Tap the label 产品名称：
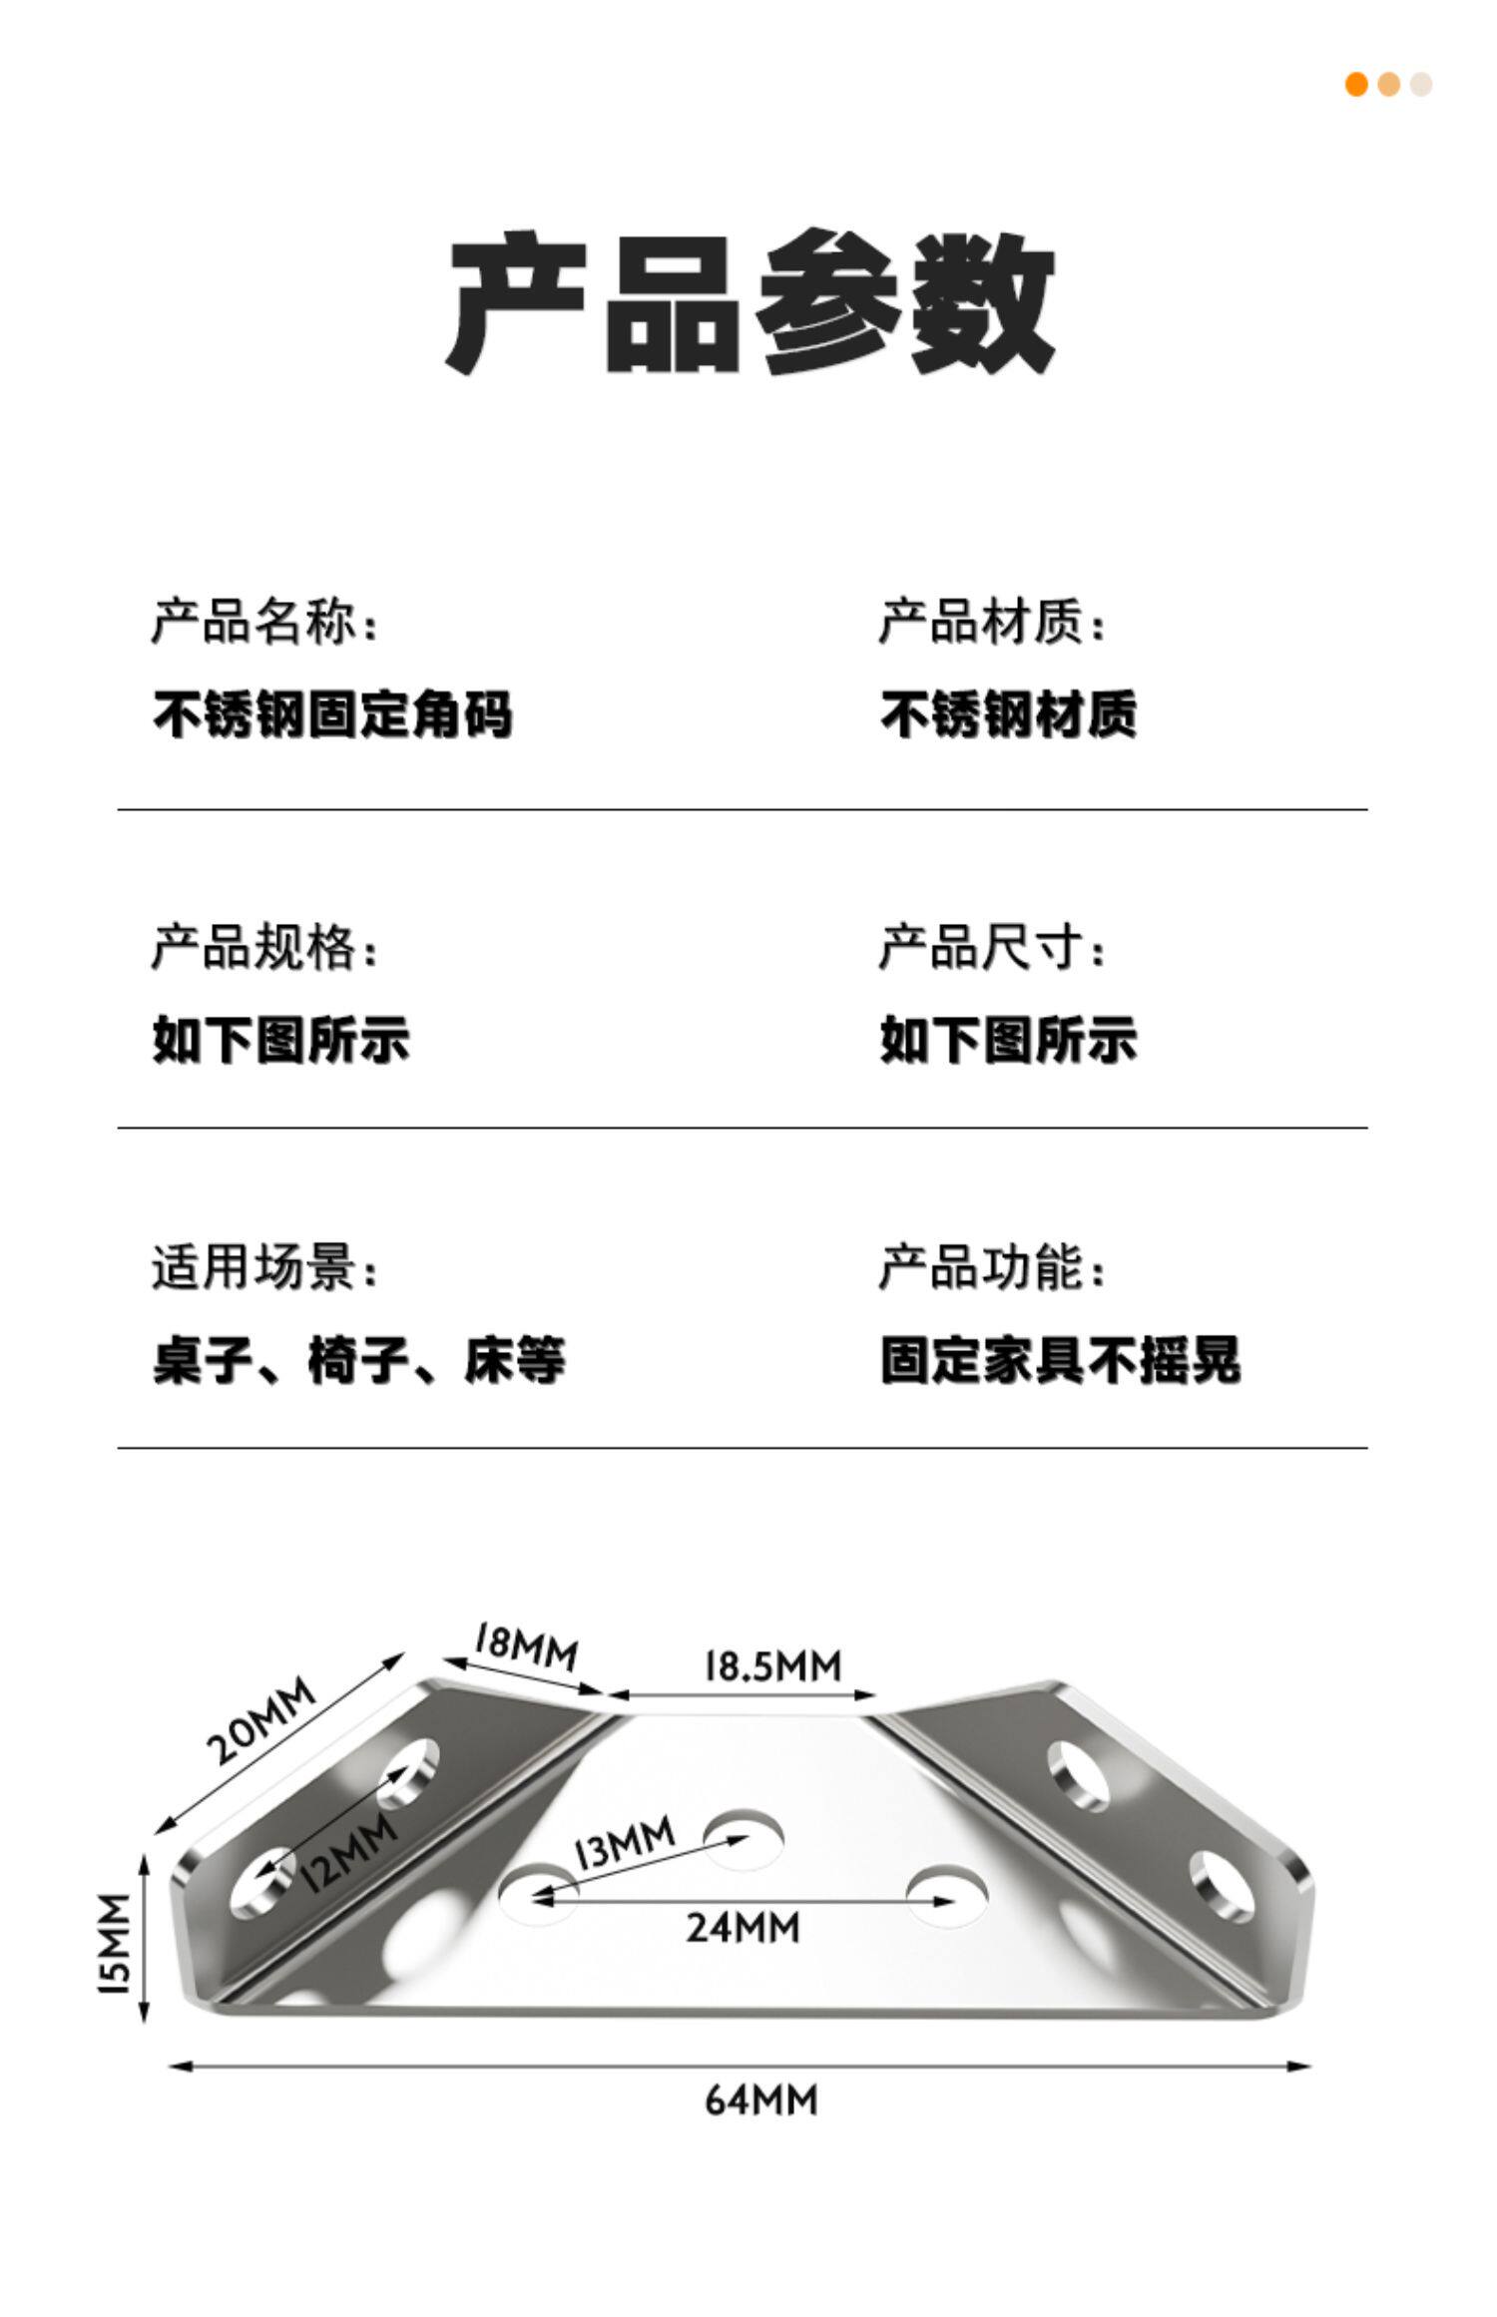[x=265, y=623]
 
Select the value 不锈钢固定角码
[x=332, y=714]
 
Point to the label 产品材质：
[x=993, y=623]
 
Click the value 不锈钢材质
[x=1008, y=714]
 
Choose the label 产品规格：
[x=265, y=946]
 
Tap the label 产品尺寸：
[x=993, y=946]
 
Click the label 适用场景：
[x=265, y=1268]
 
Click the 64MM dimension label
[x=760, y=2099]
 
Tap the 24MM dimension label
[x=743, y=1926]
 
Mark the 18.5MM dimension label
[x=772, y=1665]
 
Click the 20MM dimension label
[x=261, y=1719]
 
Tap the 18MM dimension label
[x=525, y=1646]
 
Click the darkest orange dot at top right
[x=1356, y=85]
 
